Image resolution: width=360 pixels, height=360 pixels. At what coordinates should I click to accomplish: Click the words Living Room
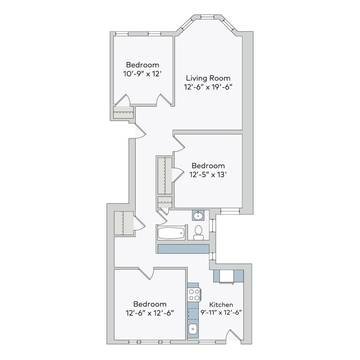click(x=208, y=78)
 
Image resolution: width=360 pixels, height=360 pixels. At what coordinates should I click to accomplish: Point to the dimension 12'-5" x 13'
click(x=208, y=174)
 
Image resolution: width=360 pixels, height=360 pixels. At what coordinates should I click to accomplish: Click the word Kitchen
click(x=221, y=305)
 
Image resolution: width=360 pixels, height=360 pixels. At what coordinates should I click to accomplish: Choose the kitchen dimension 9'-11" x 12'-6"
click(x=221, y=312)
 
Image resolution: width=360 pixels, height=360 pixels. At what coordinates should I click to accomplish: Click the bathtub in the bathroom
click(x=171, y=233)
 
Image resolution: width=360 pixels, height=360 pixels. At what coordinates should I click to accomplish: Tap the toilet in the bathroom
click(x=198, y=232)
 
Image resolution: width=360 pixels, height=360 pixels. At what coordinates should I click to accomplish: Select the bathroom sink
click(x=198, y=215)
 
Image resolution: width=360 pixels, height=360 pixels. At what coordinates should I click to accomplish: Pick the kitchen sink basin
click(x=192, y=329)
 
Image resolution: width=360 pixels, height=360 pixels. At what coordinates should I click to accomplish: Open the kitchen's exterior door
click(x=234, y=335)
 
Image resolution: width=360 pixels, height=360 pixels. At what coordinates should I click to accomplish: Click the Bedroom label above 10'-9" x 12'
click(x=142, y=65)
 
